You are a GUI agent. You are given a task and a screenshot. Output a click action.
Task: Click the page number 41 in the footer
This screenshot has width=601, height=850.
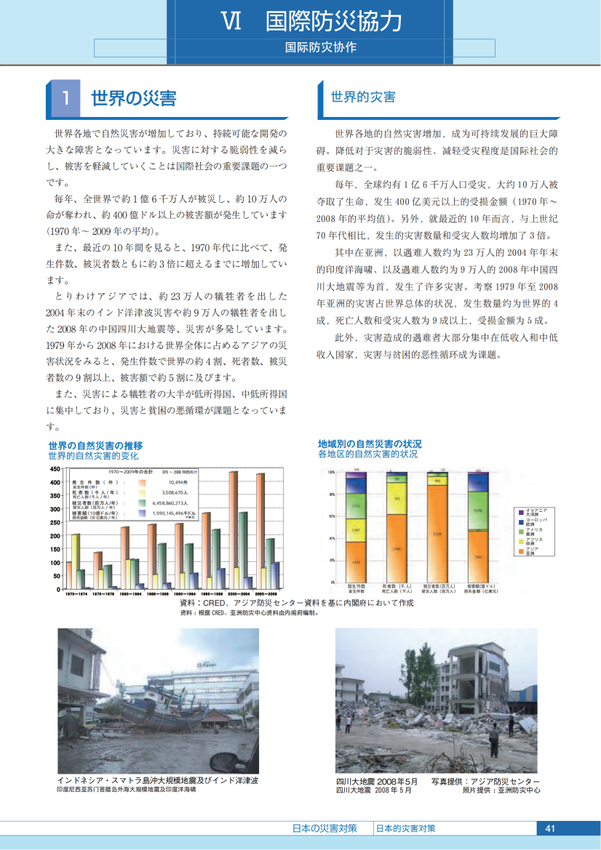[x=549, y=828]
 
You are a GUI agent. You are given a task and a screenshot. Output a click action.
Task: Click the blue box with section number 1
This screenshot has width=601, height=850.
[x=65, y=99]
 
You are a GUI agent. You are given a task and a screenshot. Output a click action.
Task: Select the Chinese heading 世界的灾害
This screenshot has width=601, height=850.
[x=363, y=97]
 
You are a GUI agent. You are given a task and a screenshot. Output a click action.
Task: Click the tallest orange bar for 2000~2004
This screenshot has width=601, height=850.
[x=234, y=529]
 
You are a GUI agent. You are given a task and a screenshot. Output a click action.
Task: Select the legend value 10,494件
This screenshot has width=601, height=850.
[x=178, y=482]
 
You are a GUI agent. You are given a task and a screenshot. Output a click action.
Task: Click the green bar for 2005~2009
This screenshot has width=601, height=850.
[x=270, y=563]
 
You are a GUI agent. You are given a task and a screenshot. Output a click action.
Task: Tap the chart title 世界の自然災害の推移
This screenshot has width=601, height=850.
[x=95, y=445]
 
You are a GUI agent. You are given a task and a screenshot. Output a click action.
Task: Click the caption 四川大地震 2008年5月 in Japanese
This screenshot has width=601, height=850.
[x=377, y=780]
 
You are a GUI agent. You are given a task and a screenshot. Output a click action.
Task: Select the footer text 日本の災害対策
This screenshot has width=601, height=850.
[x=325, y=828]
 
